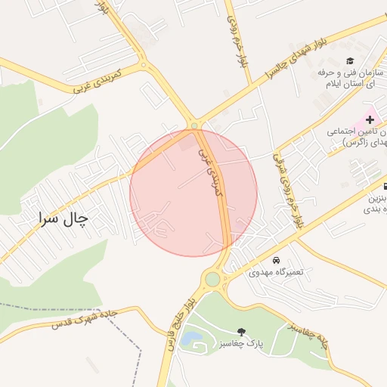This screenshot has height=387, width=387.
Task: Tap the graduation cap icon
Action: click(x=349, y=60)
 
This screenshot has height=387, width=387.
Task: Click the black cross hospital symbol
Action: click(x=370, y=119)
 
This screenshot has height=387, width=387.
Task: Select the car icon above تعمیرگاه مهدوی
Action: click(x=275, y=260)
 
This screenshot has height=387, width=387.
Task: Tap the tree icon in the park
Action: click(x=241, y=332)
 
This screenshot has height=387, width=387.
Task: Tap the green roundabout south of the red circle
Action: click(x=212, y=280)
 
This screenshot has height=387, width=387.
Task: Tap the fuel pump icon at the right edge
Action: click(x=384, y=186)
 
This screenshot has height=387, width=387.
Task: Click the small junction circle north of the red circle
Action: click(x=194, y=125)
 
